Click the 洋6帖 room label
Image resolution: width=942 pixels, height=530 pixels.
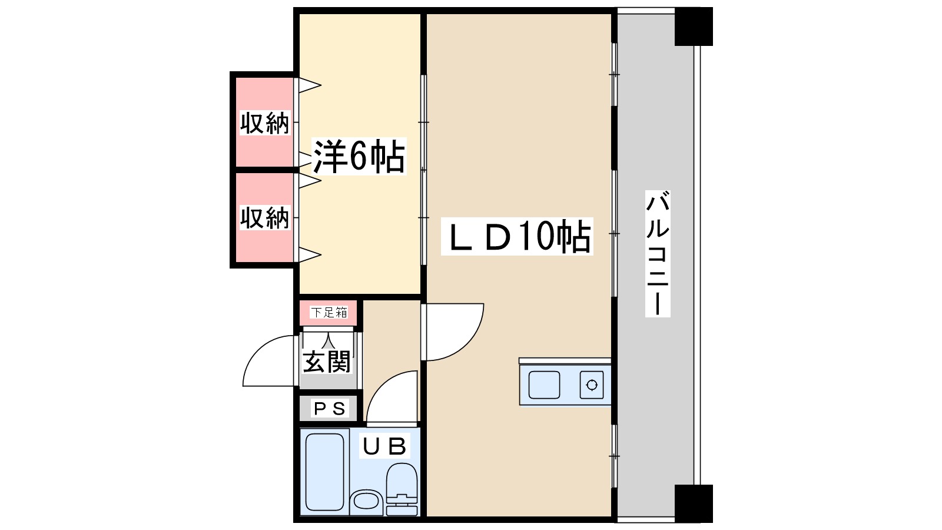pos(359,157)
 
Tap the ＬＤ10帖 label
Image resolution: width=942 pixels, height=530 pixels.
pos(517,237)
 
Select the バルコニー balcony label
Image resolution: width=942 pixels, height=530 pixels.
pos(657,253)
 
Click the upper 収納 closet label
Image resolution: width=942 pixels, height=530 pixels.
pos(265,123)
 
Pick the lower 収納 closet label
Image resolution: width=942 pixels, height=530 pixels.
pos(265,217)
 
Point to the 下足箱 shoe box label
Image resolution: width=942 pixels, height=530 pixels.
pos(329,312)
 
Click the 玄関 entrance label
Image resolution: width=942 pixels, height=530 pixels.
pos(327,362)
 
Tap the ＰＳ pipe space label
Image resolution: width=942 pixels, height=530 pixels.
pos(329,408)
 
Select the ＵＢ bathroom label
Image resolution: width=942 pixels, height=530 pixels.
pos(384,447)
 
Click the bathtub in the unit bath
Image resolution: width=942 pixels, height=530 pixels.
pos(324,472)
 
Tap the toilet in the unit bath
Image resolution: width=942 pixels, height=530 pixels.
pos(402,483)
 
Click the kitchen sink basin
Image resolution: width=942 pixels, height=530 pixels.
pos(544,385)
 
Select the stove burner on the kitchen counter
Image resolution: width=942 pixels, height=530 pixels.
pos(592,385)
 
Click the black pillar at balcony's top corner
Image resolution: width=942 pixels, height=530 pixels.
pos(694,26)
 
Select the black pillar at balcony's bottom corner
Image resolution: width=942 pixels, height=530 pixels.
pos(694,503)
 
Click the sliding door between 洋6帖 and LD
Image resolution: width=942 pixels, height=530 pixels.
pos(423,171)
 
